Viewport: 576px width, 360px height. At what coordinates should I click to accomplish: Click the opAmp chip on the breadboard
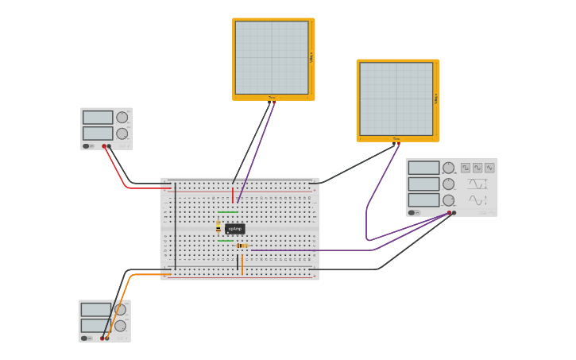pyautogui.click(x=234, y=229)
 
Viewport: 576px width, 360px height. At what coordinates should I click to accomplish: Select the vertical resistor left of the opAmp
pyautogui.click(x=218, y=227)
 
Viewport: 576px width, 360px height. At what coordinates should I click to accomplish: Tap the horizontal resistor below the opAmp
pyautogui.click(x=242, y=246)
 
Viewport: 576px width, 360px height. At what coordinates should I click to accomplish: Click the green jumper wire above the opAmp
pyautogui.click(x=228, y=212)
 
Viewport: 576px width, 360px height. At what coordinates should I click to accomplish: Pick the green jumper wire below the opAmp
pyautogui.click(x=226, y=240)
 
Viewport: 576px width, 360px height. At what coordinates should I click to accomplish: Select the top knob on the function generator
pyautogui.click(x=449, y=168)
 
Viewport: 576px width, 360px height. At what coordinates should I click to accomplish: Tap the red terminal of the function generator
pyautogui.click(x=449, y=213)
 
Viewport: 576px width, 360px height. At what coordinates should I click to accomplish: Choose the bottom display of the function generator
pyautogui.click(x=423, y=200)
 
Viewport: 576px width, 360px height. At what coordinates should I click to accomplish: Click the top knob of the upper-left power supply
pyautogui.click(x=122, y=118)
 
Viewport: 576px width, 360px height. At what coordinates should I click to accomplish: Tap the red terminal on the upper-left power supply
pyautogui.click(x=104, y=146)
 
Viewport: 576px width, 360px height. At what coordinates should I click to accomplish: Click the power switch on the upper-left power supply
pyautogui.click(x=87, y=146)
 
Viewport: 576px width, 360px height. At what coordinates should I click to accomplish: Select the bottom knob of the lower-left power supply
pyautogui.click(x=120, y=326)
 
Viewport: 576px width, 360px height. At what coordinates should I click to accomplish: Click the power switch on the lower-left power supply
pyautogui.click(x=84, y=339)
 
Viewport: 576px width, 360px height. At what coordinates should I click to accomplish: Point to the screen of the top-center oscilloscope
pyautogui.click(x=272, y=58)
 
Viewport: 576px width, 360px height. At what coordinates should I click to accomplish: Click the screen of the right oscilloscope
pyautogui.click(x=396, y=99)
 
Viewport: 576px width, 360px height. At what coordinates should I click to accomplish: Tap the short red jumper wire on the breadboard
pyautogui.click(x=233, y=195)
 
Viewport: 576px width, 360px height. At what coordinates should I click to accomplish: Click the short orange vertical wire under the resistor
pyautogui.click(x=242, y=264)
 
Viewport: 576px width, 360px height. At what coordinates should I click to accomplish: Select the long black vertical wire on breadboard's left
pyautogui.click(x=176, y=226)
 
